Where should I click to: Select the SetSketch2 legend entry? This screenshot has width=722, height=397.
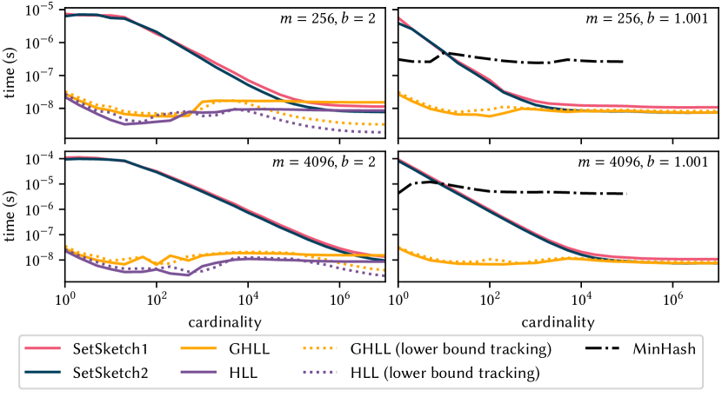pyautogui.click(x=96, y=374)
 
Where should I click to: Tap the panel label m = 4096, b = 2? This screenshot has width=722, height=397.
pyautogui.click(x=331, y=166)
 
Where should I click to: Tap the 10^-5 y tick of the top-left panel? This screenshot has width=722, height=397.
pyautogui.click(x=43, y=10)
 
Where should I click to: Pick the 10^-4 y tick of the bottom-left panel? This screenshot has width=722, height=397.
pyautogui.click(x=43, y=159)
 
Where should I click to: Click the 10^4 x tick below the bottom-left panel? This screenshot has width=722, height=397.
pyautogui.click(x=249, y=301)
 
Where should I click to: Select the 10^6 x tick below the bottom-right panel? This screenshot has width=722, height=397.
pyautogui.click(x=672, y=301)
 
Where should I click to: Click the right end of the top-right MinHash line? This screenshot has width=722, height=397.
pyautogui.click(x=623, y=62)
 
